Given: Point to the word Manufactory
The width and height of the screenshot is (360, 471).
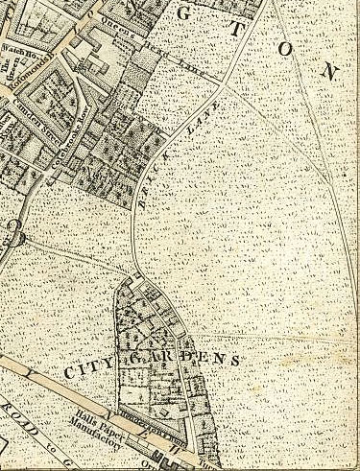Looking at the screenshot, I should [100, 442].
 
